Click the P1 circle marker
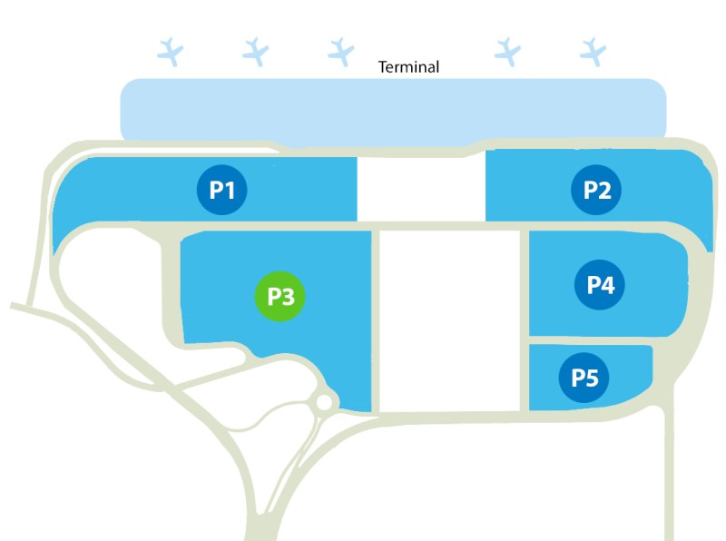point(222,190)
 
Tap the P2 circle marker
point(596,190)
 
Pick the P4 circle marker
point(600,285)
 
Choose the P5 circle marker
point(584,378)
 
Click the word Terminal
point(407,67)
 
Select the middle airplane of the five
point(340,51)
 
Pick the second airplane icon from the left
point(256,51)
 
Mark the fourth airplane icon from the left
point(507,51)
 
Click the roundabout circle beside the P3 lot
point(324,402)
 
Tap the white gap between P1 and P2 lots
point(421,189)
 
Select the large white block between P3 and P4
point(449,320)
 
